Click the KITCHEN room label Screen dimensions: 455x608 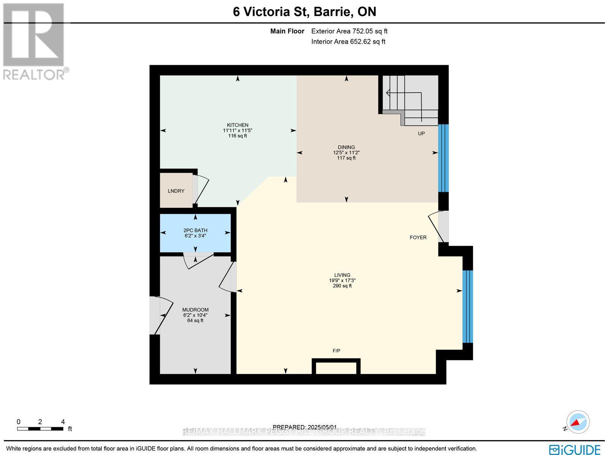(237, 125)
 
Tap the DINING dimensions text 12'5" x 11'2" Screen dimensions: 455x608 (346, 153)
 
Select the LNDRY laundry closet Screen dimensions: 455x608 (176, 191)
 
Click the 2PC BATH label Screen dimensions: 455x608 (195, 230)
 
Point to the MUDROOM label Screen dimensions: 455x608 (195, 310)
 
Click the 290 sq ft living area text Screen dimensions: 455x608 (342, 286)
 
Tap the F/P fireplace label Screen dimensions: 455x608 (336, 351)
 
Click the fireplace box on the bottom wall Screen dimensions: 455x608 (336, 367)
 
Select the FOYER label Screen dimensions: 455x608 (418, 237)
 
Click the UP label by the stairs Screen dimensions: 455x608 (421, 133)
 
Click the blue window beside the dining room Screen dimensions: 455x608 (443, 158)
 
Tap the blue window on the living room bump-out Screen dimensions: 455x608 (467, 306)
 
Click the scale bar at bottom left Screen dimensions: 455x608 (40, 429)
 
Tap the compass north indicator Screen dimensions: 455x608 (578, 422)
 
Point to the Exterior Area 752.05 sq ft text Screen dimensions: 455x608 (349, 32)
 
